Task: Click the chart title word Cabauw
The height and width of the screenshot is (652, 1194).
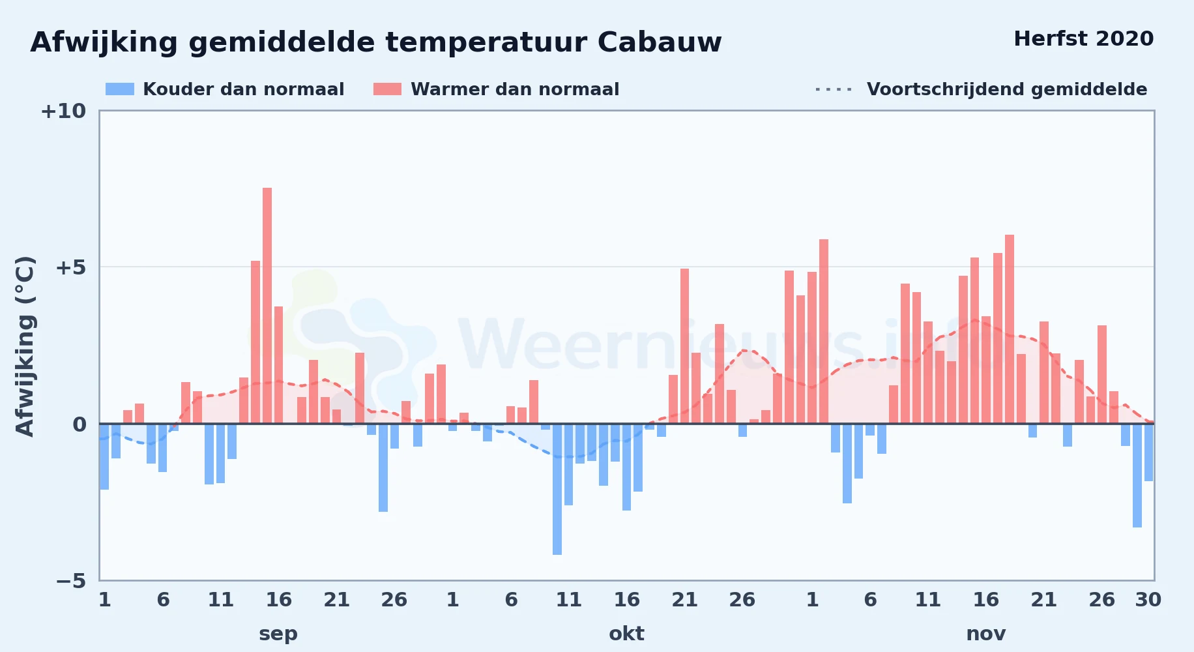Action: (660, 42)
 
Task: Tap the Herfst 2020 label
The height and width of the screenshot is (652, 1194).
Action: (1083, 38)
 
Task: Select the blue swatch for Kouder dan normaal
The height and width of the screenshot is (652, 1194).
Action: (120, 89)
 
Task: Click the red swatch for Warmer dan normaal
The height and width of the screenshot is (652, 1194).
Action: (387, 89)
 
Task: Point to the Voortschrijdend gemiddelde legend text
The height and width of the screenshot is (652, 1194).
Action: (1007, 89)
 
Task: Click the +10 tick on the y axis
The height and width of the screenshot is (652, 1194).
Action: (63, 111)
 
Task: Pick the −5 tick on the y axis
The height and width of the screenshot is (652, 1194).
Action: (71, 580)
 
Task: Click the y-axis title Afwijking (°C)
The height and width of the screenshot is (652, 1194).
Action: (25, 346)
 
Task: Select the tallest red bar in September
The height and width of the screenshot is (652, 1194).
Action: (267, 306)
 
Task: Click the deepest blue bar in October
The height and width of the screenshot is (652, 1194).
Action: (557, 489)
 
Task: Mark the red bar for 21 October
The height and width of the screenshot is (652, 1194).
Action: (684, 346)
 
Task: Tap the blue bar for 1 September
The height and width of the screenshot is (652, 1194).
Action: (104, 456)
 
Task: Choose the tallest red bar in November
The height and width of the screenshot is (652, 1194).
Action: (1010, 329)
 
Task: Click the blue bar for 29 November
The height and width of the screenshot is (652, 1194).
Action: (1137, 475)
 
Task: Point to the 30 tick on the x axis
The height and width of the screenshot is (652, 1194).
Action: (1148, 600)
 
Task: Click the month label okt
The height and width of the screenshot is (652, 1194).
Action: (626, 634)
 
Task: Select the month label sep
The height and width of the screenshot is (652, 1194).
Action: (278, 634)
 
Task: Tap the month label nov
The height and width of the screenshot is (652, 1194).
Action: (985, 634)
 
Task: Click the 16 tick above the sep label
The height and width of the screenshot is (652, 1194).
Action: (278, 600)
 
